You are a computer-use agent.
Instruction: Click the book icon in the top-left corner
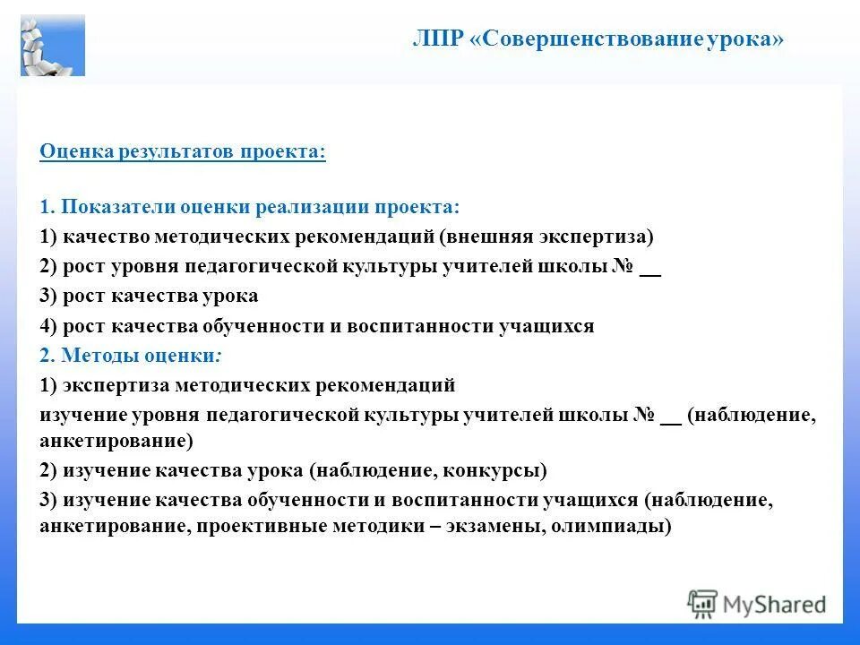(x=53, y=44)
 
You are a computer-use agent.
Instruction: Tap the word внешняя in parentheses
(x=487, y=236)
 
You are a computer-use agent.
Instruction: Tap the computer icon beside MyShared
(x=703, y=604)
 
